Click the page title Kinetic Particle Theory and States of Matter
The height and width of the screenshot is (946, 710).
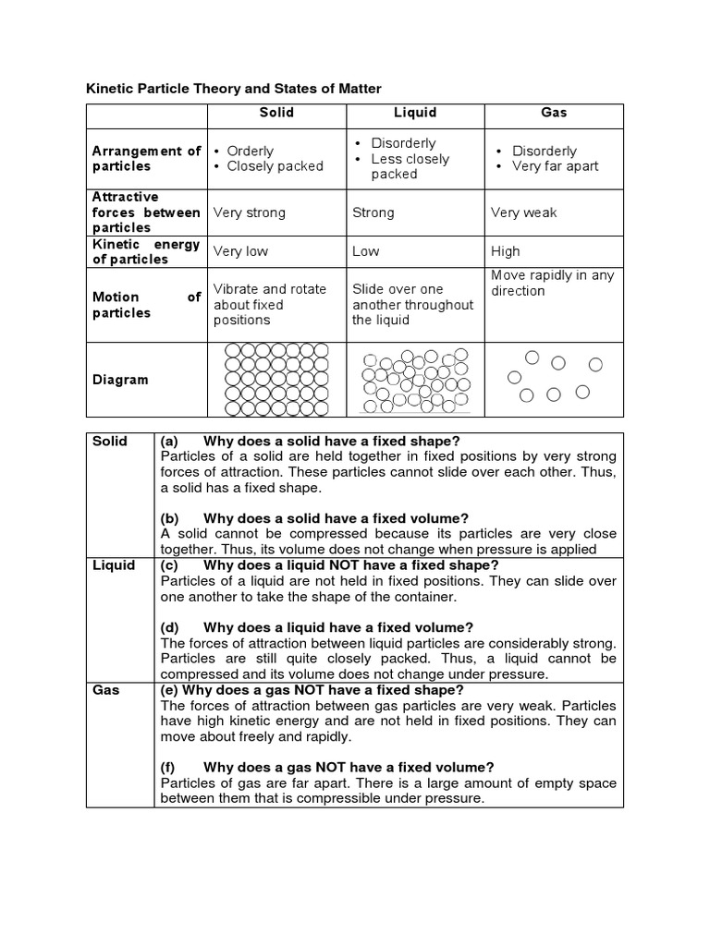pos(233,88)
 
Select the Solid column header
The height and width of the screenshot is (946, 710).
pos(276,113)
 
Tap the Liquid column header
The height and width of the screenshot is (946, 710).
pos(415,113)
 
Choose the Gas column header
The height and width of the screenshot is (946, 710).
pos(554,113)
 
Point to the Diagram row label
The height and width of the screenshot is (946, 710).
pos(120,380)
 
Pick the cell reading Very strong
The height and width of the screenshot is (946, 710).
pos(249,212)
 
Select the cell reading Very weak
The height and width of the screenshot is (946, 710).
pos(523,212)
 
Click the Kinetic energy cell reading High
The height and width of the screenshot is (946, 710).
pos(505,251)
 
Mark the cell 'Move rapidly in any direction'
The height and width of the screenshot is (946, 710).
pos(552,283)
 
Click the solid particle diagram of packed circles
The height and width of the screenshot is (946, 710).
pos(276,379)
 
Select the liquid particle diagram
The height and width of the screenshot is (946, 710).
pos(415,380)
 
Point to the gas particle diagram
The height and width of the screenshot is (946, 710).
pos(554,377)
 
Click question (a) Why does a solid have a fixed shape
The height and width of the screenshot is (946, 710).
pos(331,441)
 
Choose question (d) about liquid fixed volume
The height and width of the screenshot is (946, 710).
pos(337,627)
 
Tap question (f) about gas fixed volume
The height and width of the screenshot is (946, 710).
pos(349,767)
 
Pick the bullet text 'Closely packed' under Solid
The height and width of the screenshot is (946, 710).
pos(275,166)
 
